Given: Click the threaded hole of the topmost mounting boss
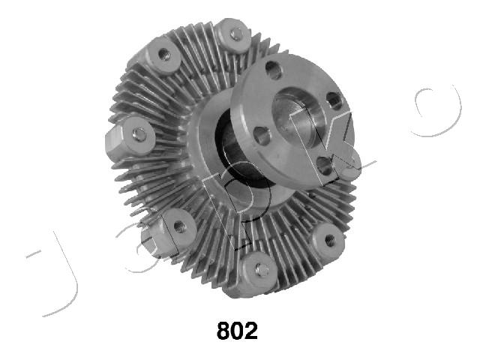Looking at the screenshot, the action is click(236, 34).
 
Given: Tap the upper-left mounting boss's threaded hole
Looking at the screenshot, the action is click(164, 55).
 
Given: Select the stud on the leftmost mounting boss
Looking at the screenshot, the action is click(139, 134).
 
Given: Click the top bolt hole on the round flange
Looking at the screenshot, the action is click(273, 70).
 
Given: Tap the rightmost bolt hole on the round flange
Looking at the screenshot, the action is click(334, 100).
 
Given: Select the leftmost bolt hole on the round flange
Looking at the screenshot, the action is click(262, 136).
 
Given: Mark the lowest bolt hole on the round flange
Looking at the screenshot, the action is click(324, 166).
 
